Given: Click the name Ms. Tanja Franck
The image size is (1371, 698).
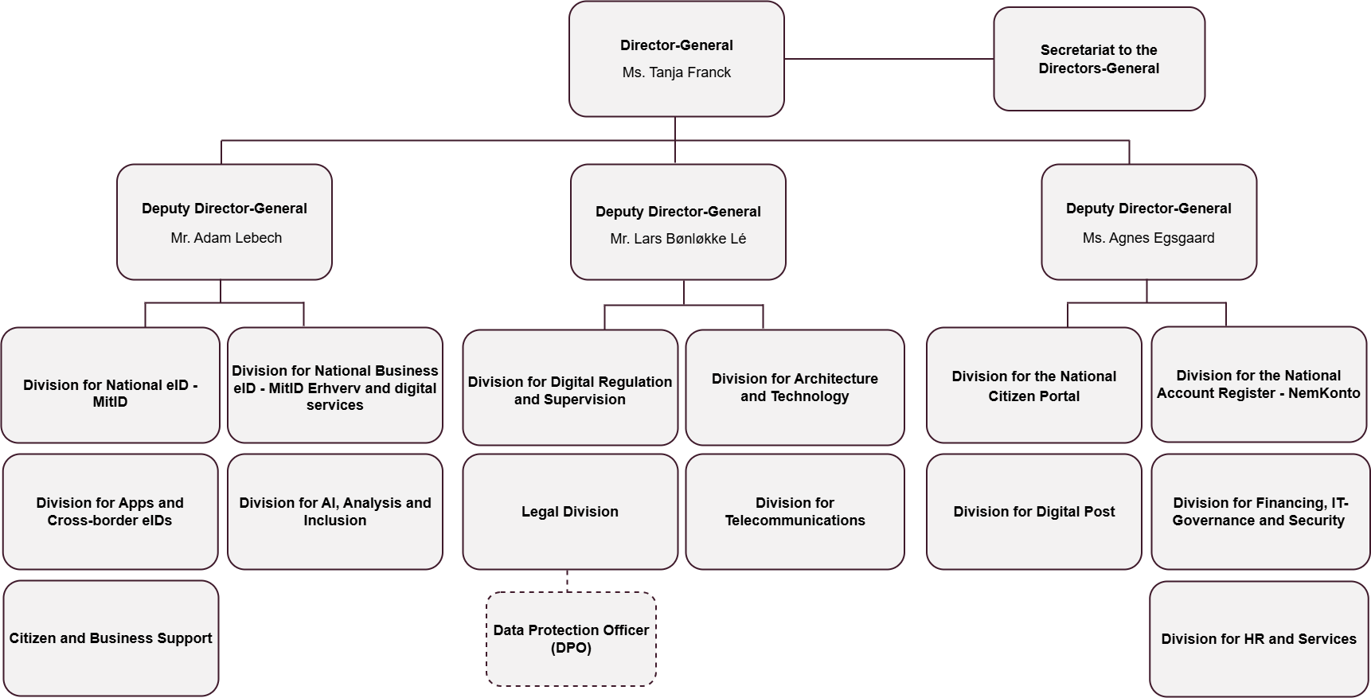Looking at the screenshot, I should click(676, 72).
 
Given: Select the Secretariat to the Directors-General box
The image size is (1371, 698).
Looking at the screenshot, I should click(1099, 59).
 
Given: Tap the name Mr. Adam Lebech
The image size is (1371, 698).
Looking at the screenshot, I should click(226, 238).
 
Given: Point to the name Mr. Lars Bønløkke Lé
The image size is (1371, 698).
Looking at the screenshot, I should click(678, 239).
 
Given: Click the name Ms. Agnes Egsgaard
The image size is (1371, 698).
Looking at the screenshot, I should click(1148, 238).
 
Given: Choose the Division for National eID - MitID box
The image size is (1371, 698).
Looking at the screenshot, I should click(110, 385).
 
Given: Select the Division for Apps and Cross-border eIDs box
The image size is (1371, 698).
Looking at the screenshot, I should click(110, 512).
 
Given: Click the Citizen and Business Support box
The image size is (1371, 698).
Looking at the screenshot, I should click(111, 638).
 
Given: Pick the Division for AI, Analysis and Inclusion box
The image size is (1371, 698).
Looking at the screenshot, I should click(334, 512).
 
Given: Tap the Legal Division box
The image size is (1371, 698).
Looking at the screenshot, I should click(569, 512).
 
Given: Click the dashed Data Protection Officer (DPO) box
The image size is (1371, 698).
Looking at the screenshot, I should click(571, 639).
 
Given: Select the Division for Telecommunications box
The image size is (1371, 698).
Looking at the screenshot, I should click(795, 512).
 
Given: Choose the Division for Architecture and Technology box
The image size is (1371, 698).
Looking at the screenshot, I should click(795, 388).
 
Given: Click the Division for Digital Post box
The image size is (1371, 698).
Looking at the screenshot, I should click(1033, 512).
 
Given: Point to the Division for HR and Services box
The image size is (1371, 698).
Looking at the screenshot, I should click(1258, 639).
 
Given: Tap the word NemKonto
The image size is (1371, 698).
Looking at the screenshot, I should click(1323, 393).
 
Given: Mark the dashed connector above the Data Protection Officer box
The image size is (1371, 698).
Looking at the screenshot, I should click(568, 580).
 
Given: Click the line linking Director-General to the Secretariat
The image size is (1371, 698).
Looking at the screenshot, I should click(888, 59).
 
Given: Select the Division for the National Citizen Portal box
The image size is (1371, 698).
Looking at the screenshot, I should click(1033, 386).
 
